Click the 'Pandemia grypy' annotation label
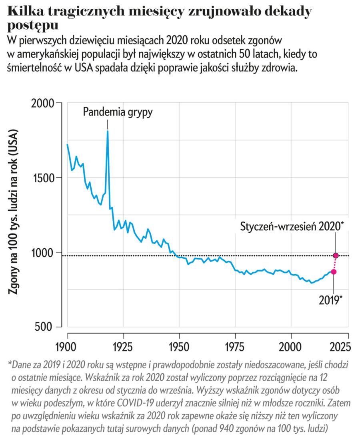[x=118, y=112]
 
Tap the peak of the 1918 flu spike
[x=108, y=131]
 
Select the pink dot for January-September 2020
[x=336, y=255]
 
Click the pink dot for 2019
[x=334, y=272]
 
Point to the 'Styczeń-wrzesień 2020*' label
[x=292, y=226]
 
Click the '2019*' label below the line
[x=330, y=300]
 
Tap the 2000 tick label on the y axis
[x=43, y=103]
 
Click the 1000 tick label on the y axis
[x=43, y=252]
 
